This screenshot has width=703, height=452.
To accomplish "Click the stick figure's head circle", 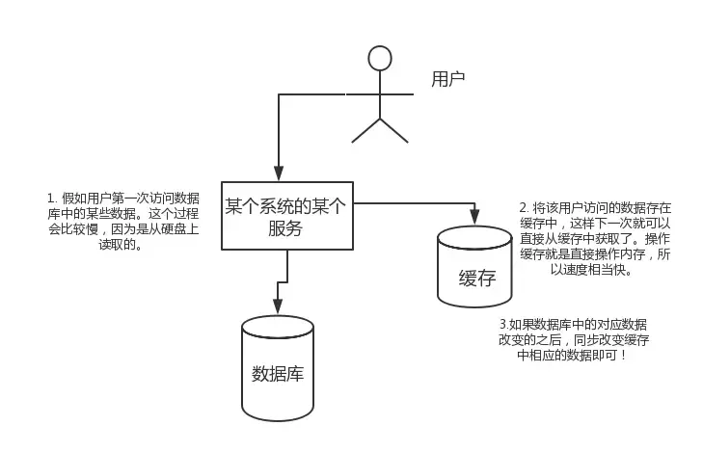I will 380,58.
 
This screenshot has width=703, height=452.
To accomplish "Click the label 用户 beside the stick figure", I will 447,78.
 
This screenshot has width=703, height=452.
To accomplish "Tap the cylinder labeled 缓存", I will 473,267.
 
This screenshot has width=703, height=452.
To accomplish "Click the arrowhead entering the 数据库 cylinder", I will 278,308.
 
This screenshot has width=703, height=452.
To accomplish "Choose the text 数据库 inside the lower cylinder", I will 277,373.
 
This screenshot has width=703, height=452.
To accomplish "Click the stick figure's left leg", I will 365,130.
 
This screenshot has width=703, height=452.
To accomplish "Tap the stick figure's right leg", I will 395,130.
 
